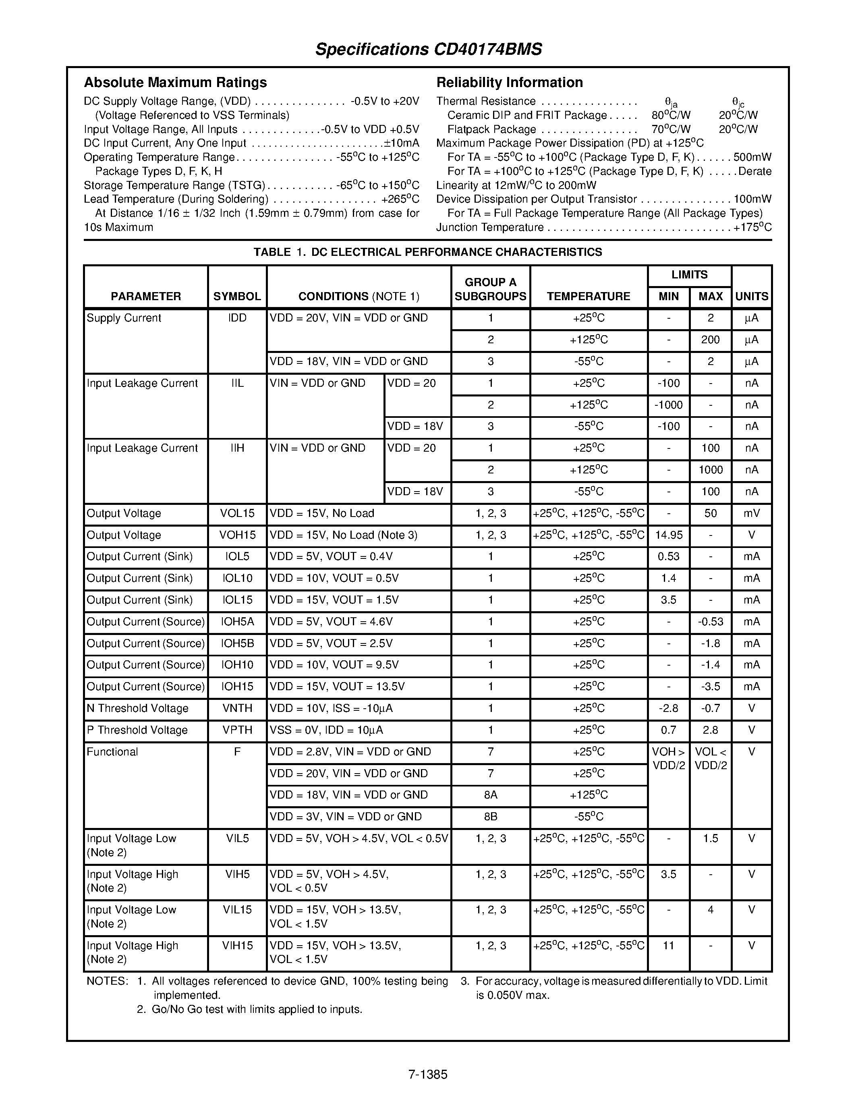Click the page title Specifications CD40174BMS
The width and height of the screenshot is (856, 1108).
(429, 49)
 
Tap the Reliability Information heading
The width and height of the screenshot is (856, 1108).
(509, 82)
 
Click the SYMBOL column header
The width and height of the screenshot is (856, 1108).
(237, 296)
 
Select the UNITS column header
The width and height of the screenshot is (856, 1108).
(752, 296)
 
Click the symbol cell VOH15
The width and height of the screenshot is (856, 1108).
(237, 535)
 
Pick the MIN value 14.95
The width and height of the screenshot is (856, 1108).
(668, 535)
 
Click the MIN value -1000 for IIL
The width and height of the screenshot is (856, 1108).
(668, 405)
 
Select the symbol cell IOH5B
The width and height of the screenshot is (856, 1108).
(237, 643)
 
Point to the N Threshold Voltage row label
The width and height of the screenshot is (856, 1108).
(137, 708)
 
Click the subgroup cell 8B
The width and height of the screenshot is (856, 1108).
(490, 817)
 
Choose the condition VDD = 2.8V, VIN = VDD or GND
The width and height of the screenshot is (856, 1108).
(350, 752)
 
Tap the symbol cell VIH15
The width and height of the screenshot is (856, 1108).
(237, 946)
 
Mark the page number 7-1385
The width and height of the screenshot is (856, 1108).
(427, 1075)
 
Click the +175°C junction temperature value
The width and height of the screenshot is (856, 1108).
(752, 228)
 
